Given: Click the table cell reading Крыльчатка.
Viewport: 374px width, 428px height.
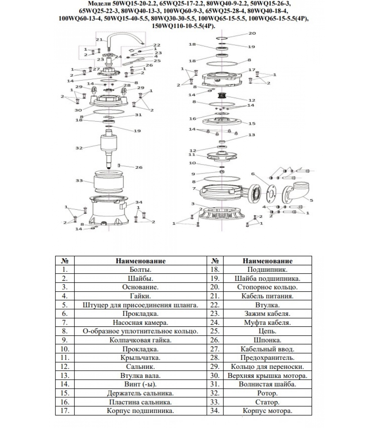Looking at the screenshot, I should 140,358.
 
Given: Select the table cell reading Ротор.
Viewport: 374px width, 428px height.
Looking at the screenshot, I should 267,393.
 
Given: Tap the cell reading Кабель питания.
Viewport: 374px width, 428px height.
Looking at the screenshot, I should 267,296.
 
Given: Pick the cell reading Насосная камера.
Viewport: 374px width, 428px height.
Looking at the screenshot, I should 140,323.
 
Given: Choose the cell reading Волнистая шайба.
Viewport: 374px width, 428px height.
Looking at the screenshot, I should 267,384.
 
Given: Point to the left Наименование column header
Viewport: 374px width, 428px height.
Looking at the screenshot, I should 140,261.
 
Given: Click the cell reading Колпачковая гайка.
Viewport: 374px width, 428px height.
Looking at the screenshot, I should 140,340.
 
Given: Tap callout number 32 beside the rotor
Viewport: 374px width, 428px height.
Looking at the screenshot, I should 79,148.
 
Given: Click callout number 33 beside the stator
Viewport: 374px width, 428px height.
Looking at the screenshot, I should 79,181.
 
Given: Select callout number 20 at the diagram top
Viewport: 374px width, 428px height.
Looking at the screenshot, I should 252,33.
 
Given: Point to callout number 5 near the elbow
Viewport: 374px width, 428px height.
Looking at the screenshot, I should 311,200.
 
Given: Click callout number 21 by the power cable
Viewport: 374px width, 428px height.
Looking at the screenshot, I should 99,40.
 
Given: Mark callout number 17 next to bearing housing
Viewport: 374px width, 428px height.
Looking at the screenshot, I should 252,70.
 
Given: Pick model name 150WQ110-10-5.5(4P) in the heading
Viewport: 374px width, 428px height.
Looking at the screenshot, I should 183,26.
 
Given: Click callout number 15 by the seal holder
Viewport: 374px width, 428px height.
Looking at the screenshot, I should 252,124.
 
